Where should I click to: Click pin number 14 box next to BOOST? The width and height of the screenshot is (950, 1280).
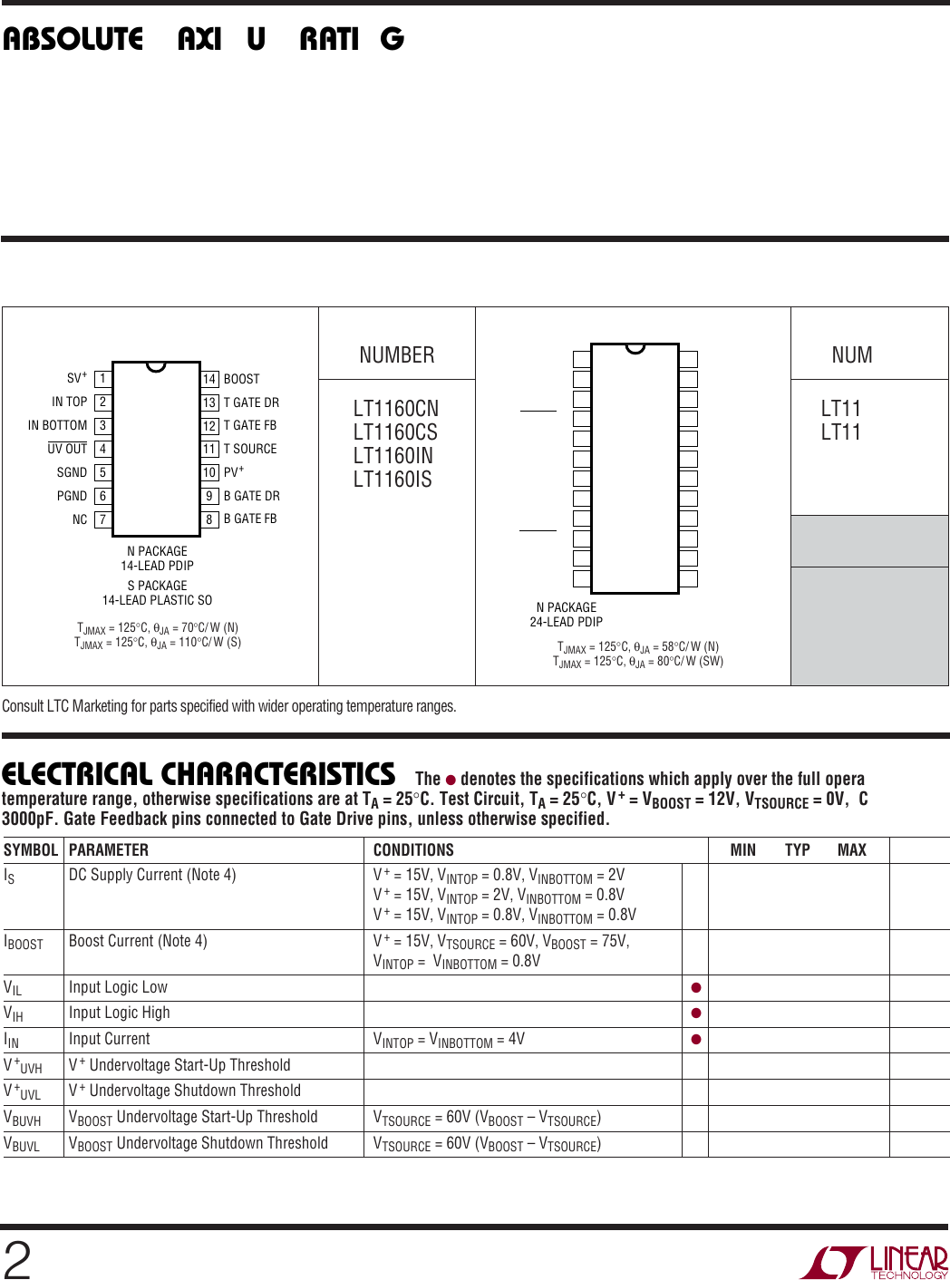209,379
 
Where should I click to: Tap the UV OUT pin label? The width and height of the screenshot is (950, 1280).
67,449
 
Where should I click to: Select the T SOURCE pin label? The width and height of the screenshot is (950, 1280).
250,449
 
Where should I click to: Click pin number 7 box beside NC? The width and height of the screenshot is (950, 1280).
103,519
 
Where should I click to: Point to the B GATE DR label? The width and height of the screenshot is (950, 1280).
251,496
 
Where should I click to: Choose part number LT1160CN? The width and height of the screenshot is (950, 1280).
395,409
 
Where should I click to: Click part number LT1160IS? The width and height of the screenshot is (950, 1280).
393,480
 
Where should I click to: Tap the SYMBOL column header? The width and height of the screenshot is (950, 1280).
31,850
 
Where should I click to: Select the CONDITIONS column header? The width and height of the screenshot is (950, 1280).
413,850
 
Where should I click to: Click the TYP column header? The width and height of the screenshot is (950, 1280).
798,850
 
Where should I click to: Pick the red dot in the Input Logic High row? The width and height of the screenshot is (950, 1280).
696,1013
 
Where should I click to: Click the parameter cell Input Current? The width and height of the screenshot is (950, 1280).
110,1039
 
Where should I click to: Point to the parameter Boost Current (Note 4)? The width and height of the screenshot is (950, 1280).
138,941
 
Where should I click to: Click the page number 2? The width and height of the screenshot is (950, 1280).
17,1260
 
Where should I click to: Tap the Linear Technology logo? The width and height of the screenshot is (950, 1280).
874,1262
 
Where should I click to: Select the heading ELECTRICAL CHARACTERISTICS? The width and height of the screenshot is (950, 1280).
199,775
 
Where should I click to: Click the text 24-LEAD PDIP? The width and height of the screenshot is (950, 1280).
566,622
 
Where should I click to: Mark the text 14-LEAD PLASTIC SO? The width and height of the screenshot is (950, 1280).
157,600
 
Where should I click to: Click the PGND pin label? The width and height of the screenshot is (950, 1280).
72,496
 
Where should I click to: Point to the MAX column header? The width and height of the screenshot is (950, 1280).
852,850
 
